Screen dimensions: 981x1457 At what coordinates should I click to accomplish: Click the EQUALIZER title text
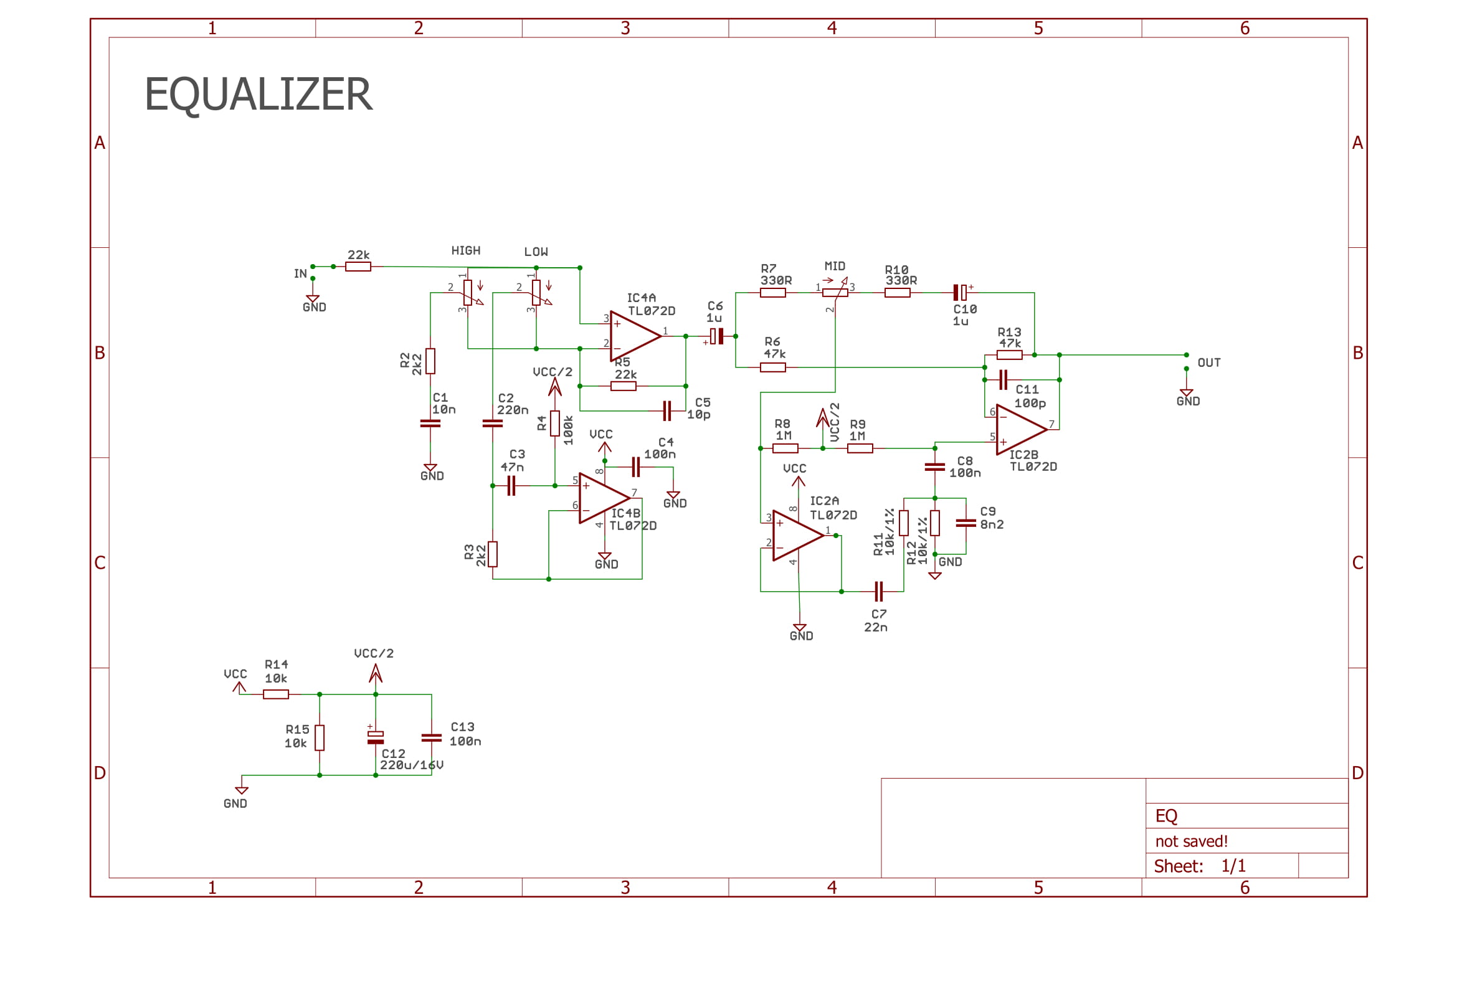tap(258, 95)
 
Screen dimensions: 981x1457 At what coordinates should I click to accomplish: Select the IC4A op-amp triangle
tap(632, 336)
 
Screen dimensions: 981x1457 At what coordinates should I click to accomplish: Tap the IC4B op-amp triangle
tap(602, 498)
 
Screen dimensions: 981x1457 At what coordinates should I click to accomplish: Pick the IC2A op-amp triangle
tap(795, 535)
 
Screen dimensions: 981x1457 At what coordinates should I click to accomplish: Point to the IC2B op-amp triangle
tap(1019, 429)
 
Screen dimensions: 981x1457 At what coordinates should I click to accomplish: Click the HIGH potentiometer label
tap(465, 251)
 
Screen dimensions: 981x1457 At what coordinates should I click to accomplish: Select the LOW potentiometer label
tap(536, 252)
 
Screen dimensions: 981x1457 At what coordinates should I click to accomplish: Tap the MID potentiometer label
tap(834, 267)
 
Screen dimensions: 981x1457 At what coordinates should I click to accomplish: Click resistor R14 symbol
tap(275, 694)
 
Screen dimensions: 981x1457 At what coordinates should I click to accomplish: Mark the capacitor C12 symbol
tap(376, 737)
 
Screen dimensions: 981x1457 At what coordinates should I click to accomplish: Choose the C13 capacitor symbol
tap(431, 737)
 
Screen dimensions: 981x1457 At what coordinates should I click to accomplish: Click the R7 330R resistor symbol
tap(772, 293)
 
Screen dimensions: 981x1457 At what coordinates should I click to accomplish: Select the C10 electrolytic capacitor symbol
tap(960, 292)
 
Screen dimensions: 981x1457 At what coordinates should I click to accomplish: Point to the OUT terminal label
tap(1208, 363)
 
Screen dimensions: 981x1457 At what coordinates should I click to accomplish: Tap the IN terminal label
tap(300, 274)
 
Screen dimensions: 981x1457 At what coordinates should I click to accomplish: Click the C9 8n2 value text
tap(992, 524)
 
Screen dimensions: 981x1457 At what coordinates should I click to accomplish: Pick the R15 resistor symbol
tap(320, 737)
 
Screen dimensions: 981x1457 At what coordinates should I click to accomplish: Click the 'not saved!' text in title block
tap(1191, 841)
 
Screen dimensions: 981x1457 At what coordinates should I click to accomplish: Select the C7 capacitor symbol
tap(878, 591)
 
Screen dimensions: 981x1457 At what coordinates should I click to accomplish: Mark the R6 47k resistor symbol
tap(772, 367)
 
